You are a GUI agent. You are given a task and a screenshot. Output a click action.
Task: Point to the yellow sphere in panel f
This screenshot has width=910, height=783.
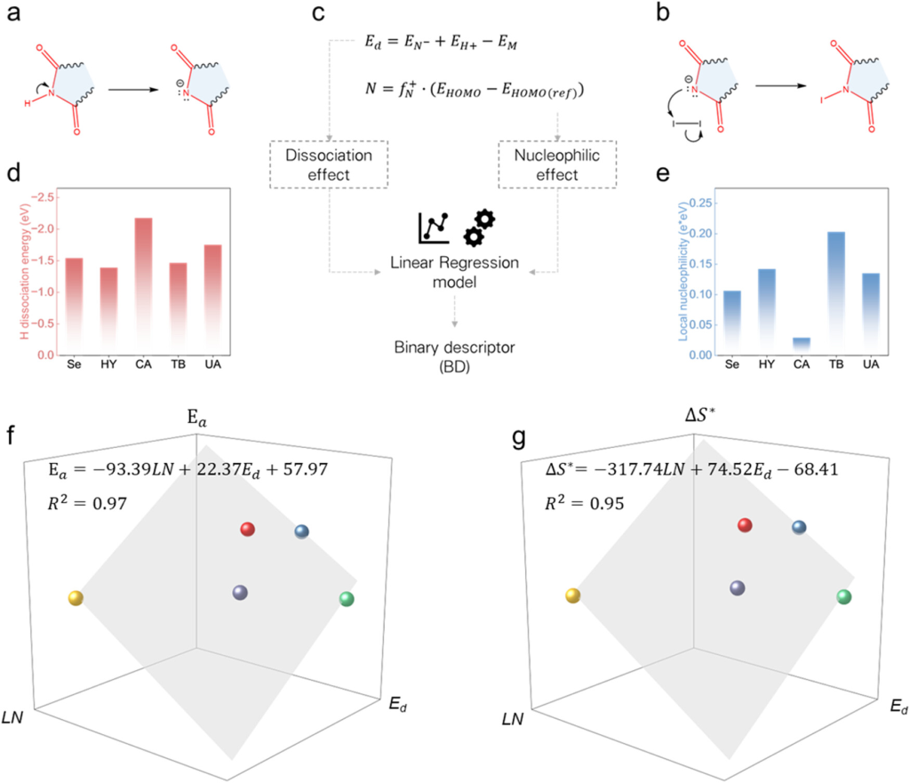point(76,598)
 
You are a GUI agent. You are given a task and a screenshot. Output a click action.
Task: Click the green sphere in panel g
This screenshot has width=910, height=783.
point(844,598)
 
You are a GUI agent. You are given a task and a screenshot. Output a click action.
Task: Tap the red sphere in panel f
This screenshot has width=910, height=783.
point(248,530)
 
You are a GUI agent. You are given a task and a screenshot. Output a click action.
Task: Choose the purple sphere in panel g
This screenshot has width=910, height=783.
point(737,587)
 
